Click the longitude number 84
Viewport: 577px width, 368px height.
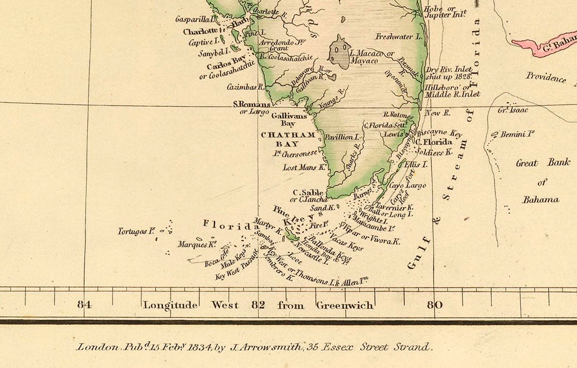pyautogui.click(x=85, y=305)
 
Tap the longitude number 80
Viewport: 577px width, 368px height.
pyautogui.click(x=435, y=305)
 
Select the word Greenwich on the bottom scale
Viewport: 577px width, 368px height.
pyautogui.click(x=345, y=305)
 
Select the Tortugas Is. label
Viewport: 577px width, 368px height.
pyautogui.click(x=136, y=232)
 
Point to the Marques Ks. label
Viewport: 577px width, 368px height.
pyautogui.click(x=196, y=245)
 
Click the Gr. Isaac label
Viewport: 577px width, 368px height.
pyautogui.click(x=513, y=110)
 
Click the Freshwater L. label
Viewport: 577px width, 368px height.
pyautogui.click(x=399, y=37)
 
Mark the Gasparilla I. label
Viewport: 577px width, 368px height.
pyautogui.click(x=196, y=19)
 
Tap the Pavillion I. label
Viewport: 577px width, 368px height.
pyautogui.click(x=342, y=137)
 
